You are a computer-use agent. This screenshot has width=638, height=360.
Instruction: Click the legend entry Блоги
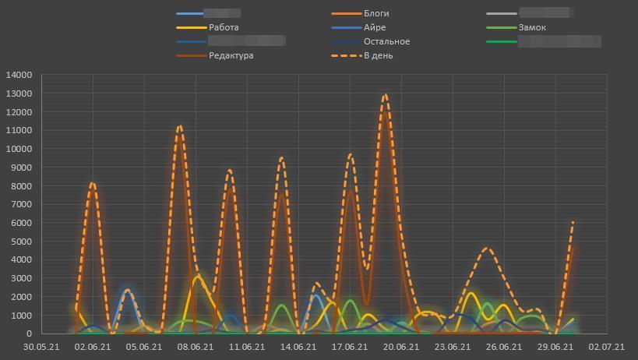[376, 13]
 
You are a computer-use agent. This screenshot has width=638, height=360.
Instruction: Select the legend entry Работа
[224, 27]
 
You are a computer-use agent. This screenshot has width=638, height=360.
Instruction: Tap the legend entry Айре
[374, 27]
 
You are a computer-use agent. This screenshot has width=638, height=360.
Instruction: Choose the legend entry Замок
[532, 27]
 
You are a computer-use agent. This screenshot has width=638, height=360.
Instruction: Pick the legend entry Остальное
[386, 41]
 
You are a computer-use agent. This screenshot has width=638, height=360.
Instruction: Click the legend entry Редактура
[231, 55]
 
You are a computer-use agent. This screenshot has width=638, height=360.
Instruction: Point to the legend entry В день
[378, 55]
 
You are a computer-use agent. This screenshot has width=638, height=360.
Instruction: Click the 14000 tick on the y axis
[19, 75]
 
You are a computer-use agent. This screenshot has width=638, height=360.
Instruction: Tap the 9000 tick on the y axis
[21, 168]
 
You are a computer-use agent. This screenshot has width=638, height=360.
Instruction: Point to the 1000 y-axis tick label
[21, 316]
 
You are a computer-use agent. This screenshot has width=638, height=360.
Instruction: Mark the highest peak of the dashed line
[386, 95]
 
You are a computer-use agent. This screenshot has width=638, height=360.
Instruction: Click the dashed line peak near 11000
[180, 126]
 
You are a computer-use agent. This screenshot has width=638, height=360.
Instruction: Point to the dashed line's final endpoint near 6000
[573, 222]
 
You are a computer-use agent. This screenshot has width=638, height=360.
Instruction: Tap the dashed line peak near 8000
[93, 184]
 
